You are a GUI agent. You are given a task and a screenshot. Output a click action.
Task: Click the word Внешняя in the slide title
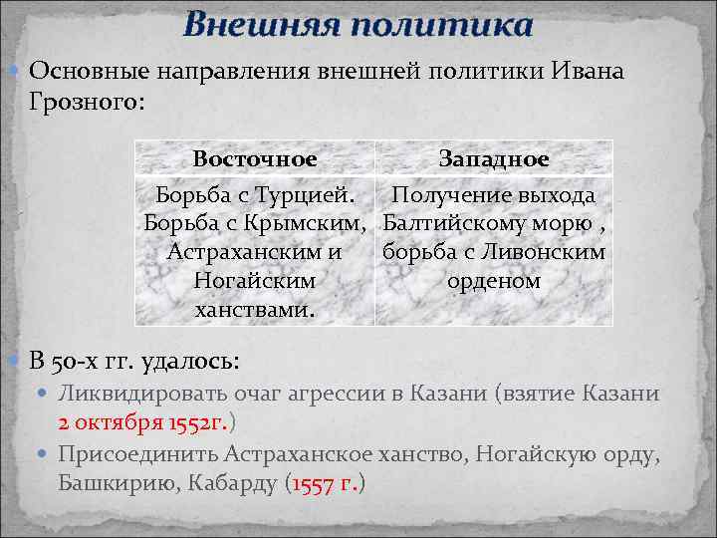[x=250, y=24]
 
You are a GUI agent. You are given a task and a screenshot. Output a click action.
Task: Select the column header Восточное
[x=255, y=159]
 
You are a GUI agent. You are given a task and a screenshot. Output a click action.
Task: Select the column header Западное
[x=494, y=159]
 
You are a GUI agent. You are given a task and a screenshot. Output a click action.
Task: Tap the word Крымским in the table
[x=310, y=223]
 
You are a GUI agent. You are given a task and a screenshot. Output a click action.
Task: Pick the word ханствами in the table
[x=255, y=310]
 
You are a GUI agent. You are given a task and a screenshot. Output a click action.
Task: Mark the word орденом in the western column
[x=494, y=281]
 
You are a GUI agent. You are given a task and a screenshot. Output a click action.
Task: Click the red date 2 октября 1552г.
[x=142, y=421]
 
